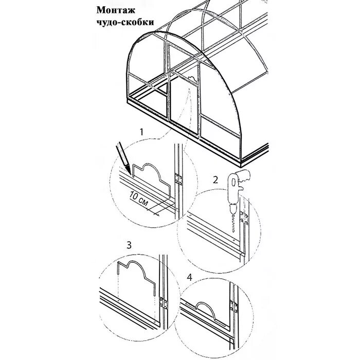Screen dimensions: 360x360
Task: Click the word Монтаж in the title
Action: click(x=114, y=11)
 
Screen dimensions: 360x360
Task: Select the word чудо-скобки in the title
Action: click(x=125, y=23)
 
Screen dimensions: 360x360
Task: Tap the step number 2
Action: click(x=217, y=180)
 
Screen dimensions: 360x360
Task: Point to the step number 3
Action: click(x=130, y=245)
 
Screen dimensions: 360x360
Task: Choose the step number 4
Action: click(x=190, y=277)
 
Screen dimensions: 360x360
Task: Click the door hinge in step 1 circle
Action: click(x=178, y=179)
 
